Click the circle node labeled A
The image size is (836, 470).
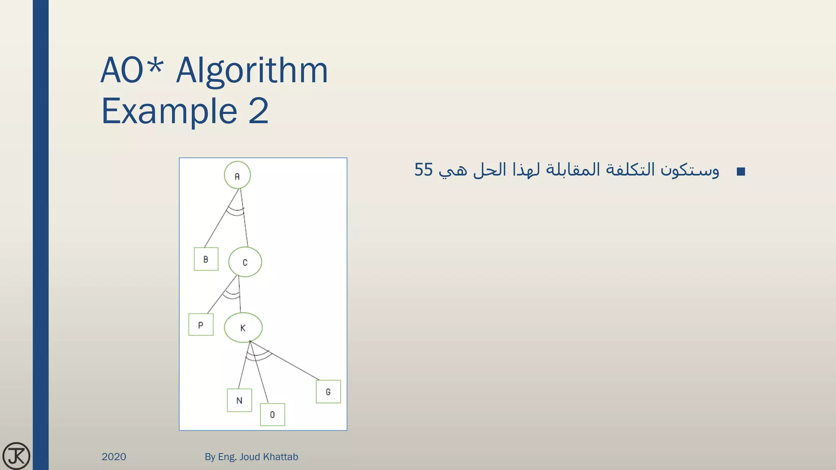point(237,175)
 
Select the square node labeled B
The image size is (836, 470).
point(206,259)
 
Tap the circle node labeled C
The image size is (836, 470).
point(245,262)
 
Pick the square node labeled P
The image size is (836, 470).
point(200,325)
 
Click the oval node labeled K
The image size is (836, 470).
point(243,328)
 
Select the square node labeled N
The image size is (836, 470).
point(239,400)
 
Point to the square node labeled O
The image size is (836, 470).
point(272,415)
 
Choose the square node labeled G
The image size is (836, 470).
point(328,392)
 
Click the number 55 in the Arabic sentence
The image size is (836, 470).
point(423,170)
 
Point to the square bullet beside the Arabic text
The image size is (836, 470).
point(741,171)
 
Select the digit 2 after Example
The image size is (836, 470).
point(258,111)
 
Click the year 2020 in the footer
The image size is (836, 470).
point(114,457)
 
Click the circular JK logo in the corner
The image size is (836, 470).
point(16,456)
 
